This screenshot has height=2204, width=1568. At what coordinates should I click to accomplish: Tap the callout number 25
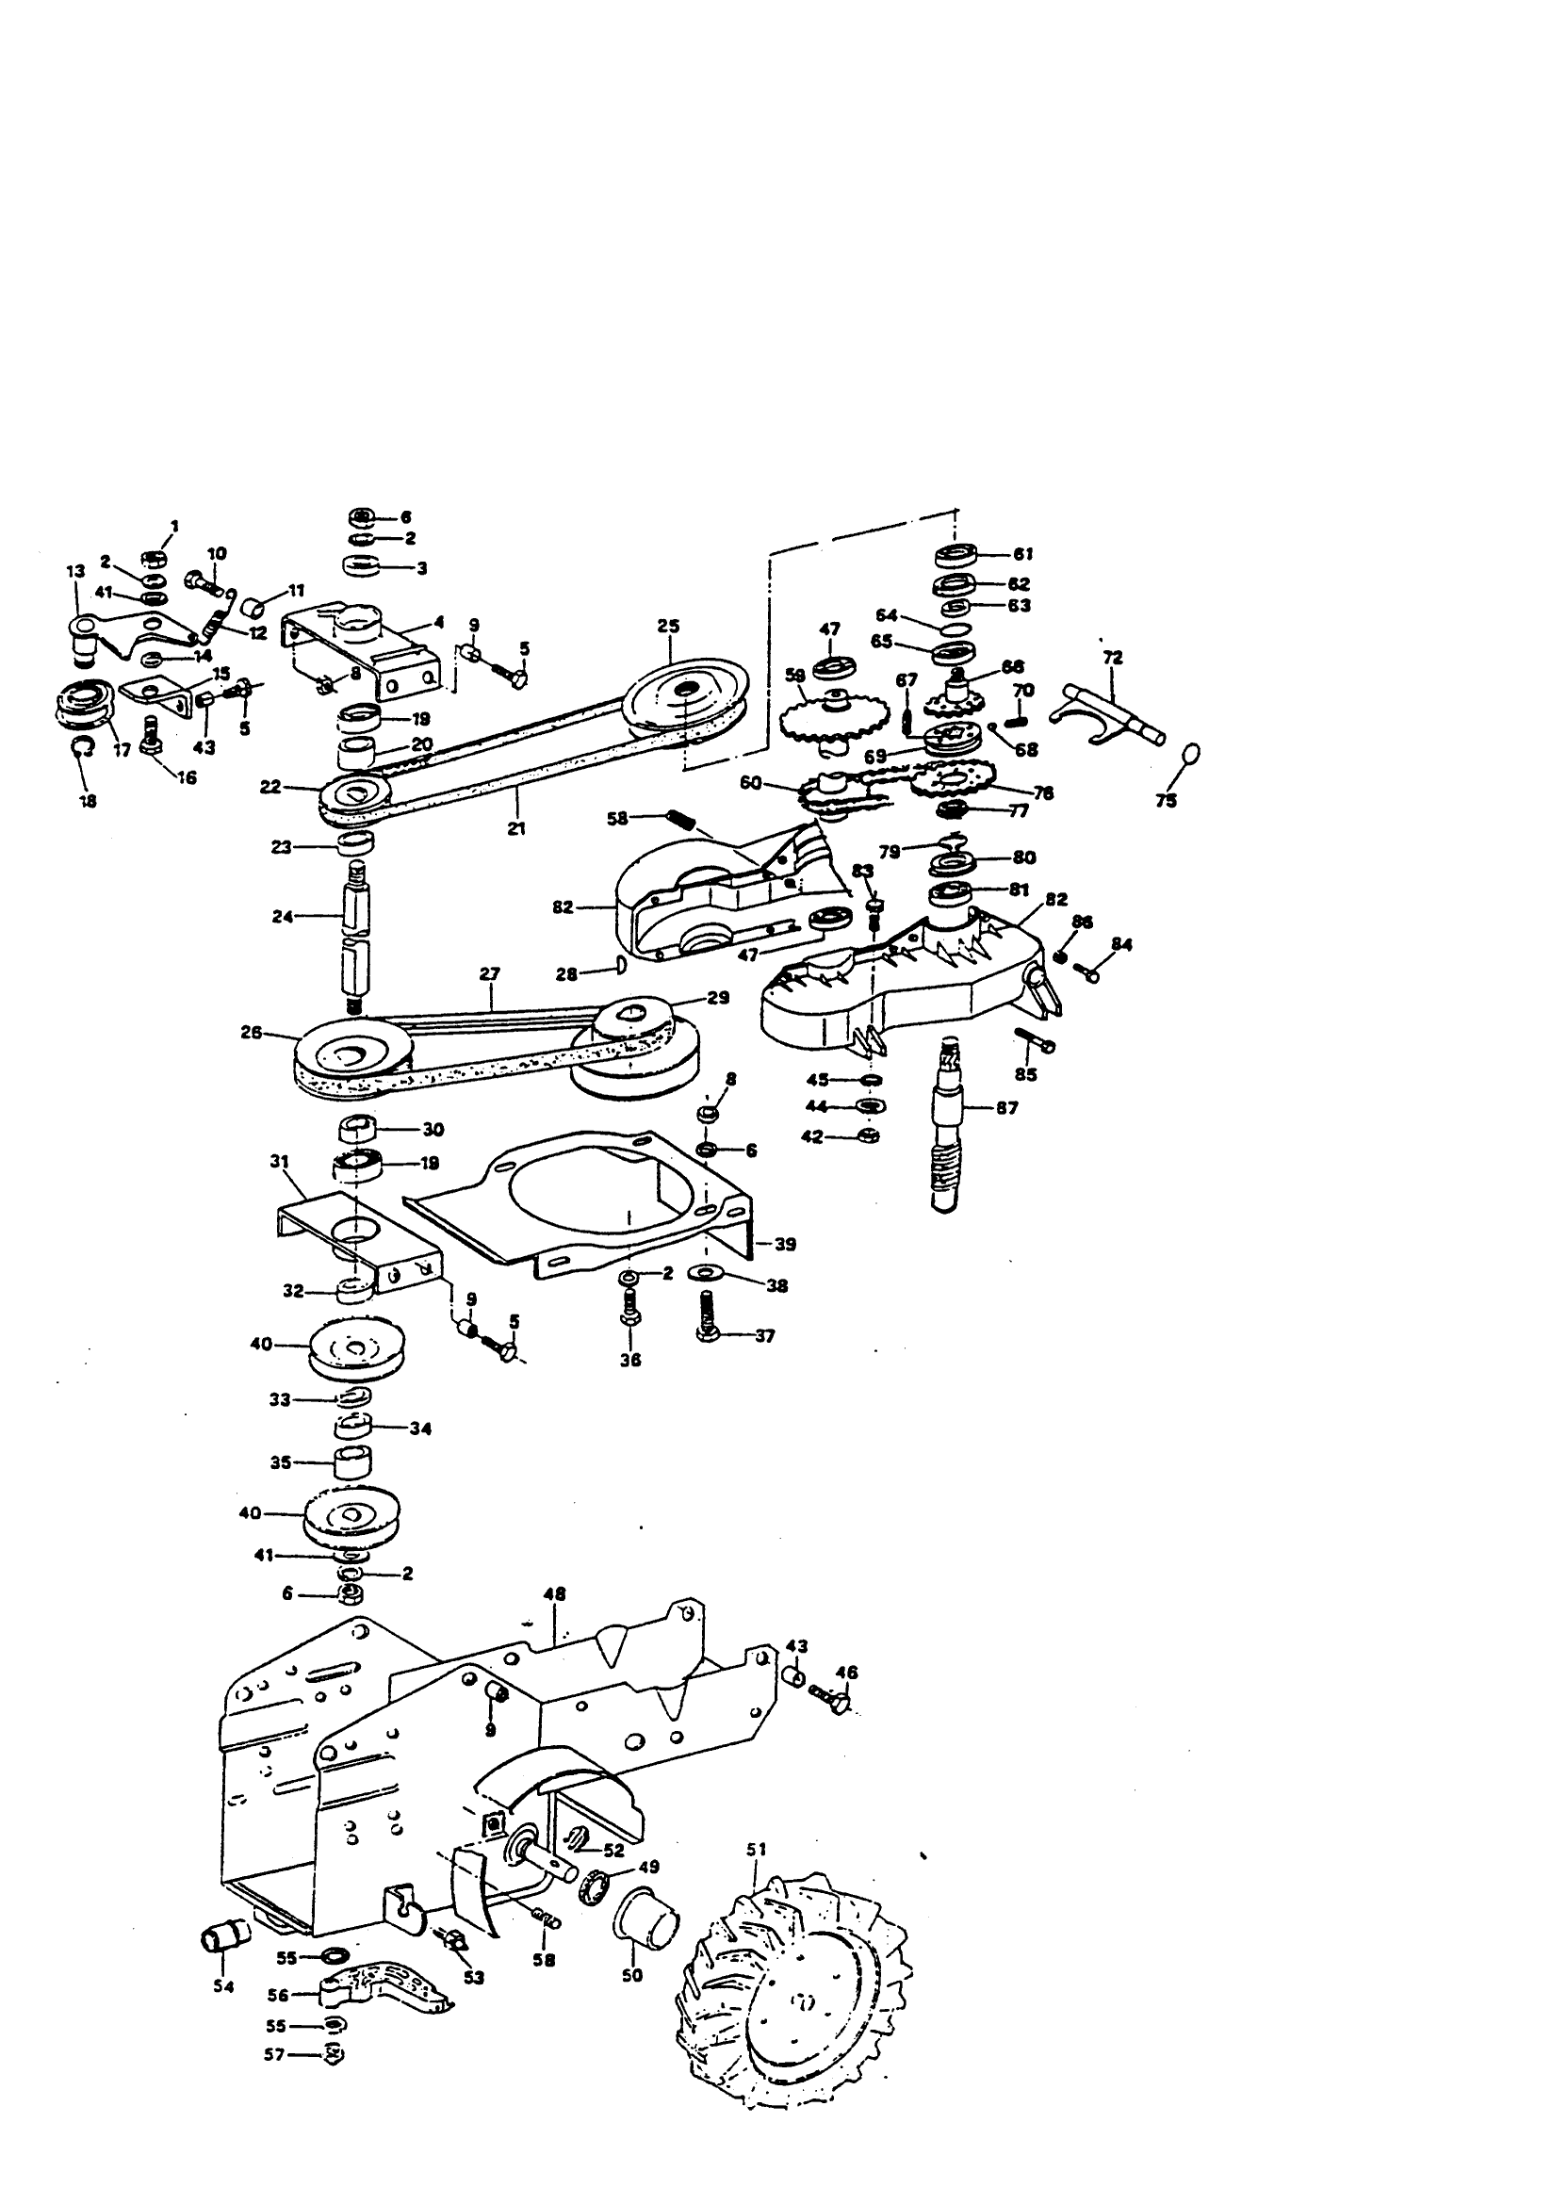[668, 626]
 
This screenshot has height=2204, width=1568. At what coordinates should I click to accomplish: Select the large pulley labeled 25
[687, 694]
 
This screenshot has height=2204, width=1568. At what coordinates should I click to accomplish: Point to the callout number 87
[1007, 1108]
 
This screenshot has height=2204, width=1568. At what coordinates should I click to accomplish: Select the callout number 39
[785, 1245]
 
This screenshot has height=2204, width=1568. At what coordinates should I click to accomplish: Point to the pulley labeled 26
[348, 1059]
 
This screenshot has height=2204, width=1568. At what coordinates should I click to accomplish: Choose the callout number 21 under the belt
[516, 827]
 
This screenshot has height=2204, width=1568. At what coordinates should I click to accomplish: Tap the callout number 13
[75, 572]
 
